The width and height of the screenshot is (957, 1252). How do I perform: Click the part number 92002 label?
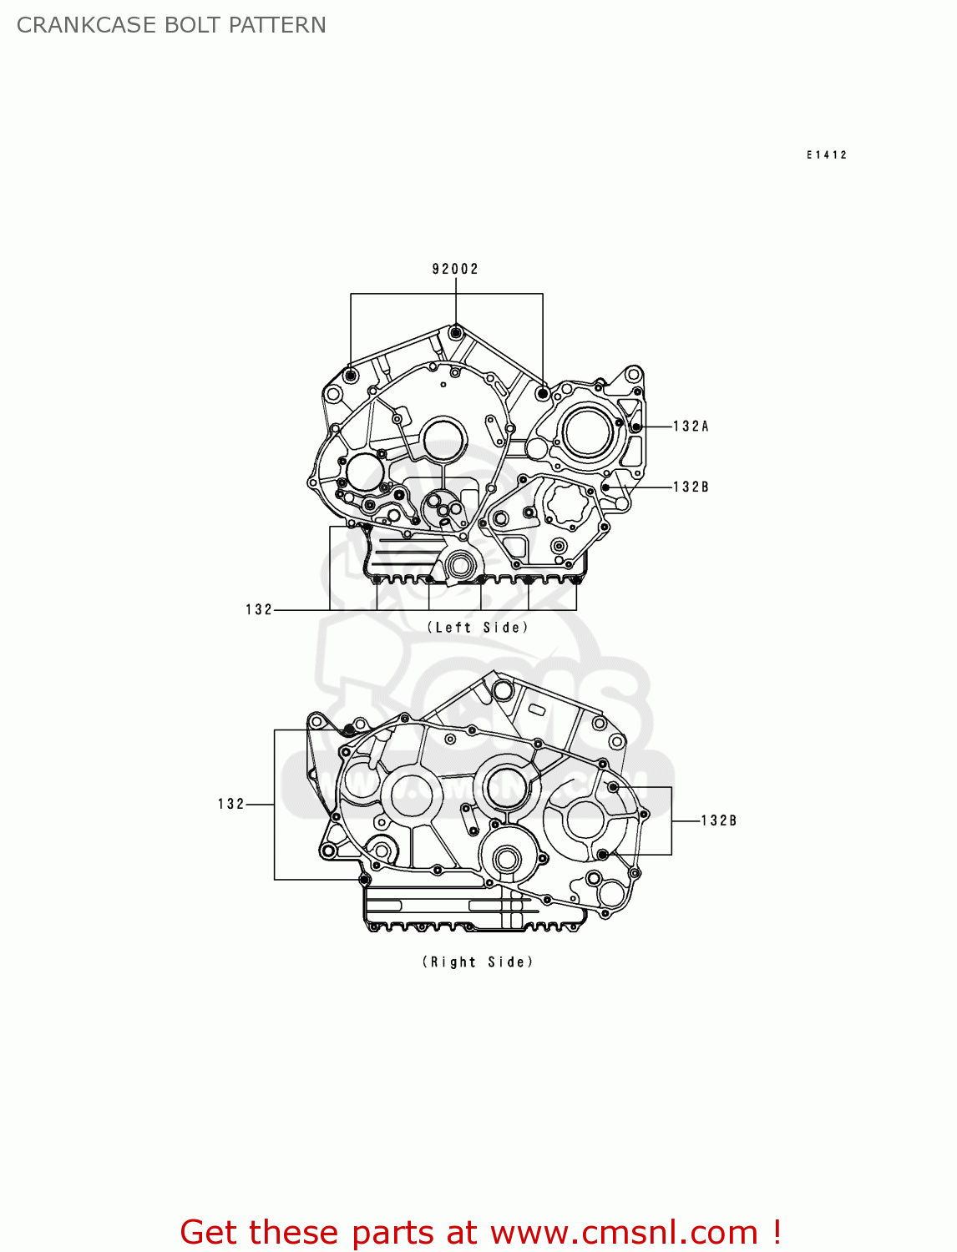pos(455,269)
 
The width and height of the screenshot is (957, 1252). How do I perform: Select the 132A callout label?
pos(691,427)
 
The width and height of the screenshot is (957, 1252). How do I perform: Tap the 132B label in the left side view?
pos(691,487)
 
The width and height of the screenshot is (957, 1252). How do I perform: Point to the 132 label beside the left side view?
pos(259,610)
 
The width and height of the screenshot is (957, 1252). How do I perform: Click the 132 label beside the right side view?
pos(231,805)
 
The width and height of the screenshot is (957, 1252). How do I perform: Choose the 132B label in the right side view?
pos(718,821)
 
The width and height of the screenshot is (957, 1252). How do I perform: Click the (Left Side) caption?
pos(478,628)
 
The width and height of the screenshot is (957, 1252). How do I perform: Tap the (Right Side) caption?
pos(478,962)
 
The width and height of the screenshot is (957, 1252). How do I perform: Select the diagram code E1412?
pos(827,155)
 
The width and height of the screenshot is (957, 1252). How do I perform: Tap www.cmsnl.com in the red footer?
pos(624,1233)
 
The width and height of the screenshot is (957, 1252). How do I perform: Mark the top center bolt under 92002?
pos(455,333)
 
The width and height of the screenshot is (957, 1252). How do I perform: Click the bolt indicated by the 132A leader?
pos(636,427)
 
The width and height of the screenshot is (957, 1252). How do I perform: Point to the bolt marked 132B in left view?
pos(607,487)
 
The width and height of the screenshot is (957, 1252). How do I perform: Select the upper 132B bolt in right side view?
pos(613,787)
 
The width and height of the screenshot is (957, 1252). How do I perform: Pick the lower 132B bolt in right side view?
pos(602,854)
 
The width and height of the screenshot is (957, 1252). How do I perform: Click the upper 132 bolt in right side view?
pos(349,730)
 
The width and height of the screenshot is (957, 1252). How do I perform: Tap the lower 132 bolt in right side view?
pos(364,879)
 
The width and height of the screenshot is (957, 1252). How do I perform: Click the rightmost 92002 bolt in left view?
pos(543,392)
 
